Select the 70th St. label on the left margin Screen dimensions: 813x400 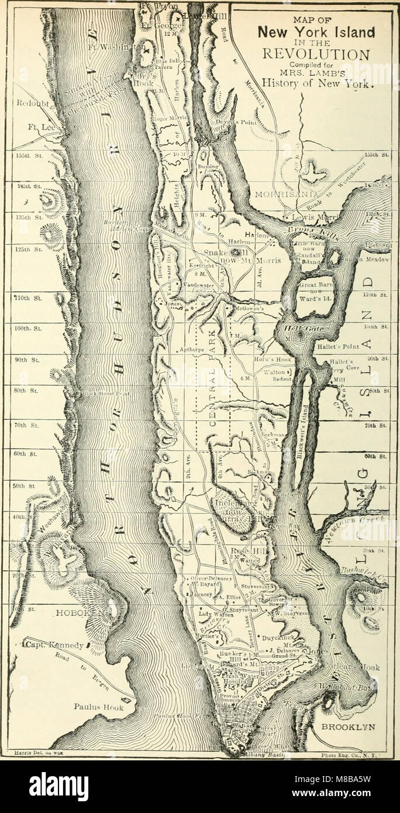tap(26, 419)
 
